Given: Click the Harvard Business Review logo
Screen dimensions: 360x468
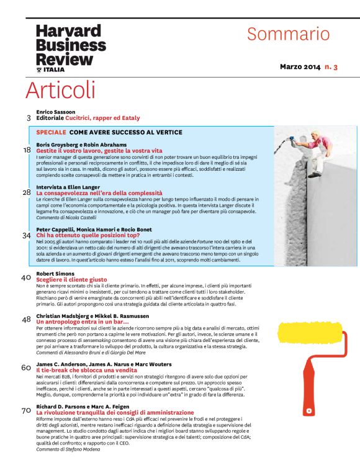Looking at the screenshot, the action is point(71,48).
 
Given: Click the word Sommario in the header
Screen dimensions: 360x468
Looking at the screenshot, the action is point(289,34).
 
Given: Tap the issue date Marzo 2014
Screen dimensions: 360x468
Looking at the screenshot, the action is point(300,67).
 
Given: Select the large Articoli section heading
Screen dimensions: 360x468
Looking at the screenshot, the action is point(61,90).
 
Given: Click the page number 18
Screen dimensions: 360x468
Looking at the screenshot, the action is point(27,150).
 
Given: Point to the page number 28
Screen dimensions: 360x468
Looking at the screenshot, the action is point(27,192).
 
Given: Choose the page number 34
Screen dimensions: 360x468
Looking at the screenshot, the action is point(27,235).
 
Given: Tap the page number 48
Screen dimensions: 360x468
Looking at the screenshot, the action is point(26,320).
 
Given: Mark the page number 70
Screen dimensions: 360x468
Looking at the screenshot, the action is point(26,411).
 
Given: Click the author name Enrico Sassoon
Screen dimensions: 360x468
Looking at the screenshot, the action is point(56,112).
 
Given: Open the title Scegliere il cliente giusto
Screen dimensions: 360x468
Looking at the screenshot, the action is point(71,280).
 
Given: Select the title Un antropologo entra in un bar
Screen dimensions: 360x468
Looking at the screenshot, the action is point(83,322).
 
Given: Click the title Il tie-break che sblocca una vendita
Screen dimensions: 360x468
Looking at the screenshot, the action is point(86,370).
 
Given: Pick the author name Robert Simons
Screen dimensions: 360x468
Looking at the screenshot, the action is point(55,274).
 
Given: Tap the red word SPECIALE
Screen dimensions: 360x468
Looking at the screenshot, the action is point(51,132).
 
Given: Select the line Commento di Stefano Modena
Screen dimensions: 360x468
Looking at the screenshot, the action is point(68,449).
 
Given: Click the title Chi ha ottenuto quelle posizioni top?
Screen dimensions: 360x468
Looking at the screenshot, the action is point(88,235).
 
